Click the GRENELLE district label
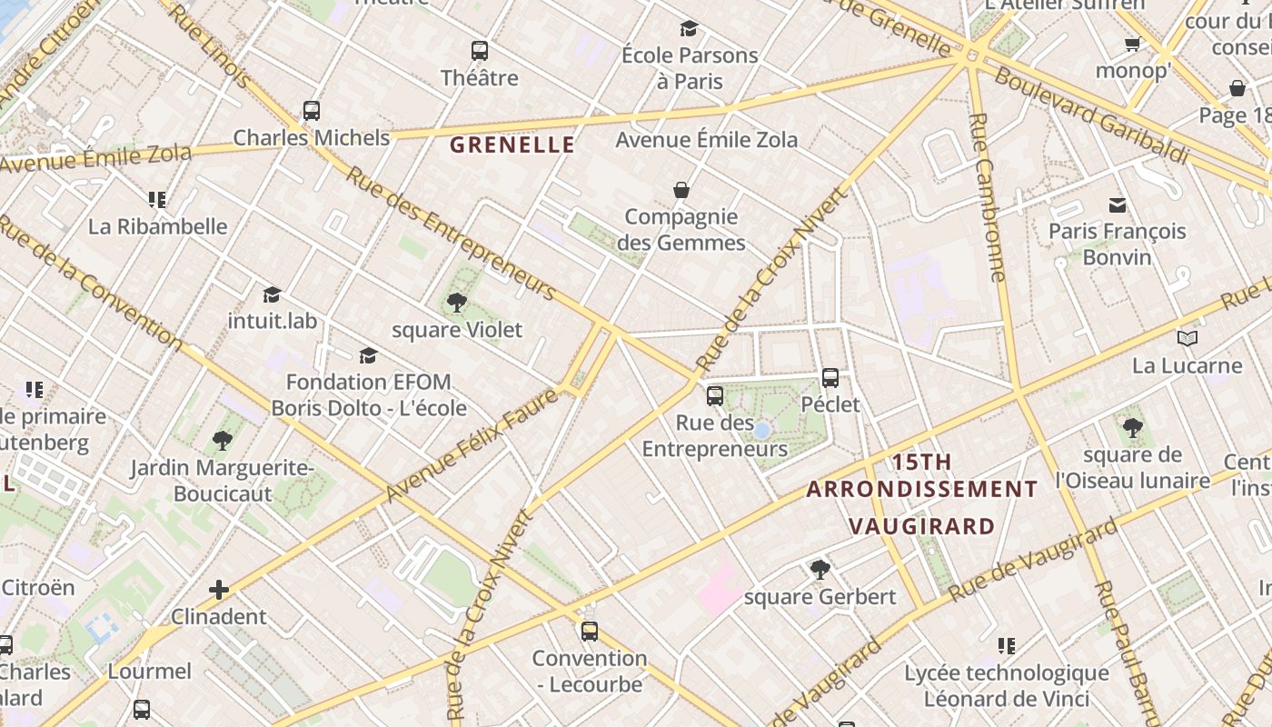[x=512, y=144]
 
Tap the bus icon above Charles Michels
[x=312, y=111]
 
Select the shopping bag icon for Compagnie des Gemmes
[x=681, y=190]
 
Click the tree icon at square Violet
[x=457, y=303]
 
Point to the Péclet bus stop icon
[x=830, y=378]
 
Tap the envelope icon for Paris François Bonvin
[x=1117, y=205]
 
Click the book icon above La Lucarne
[x=1187, y=339]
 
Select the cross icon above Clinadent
[x=219, y=590]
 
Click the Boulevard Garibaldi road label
[x=1090, y=115]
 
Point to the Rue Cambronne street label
[x=988, y=197]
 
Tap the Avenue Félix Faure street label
[x=472, y=444]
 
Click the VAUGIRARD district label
[x=921, y=526]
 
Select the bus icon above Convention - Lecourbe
[x=590, y=631]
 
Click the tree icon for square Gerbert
[x=820, y=570]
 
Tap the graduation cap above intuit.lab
[x=272, y=294]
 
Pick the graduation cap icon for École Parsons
[x=689, y=29]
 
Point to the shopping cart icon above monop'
[x=1132, y=45]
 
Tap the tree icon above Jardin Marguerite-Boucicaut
[x=222, y=442]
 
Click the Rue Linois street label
[x=209, y=47]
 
